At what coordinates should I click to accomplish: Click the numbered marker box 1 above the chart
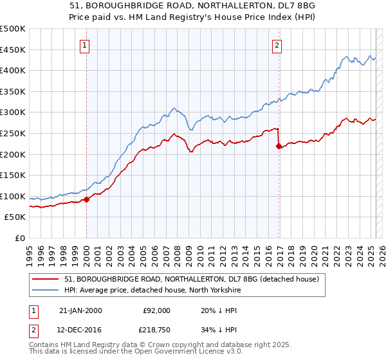click(86, 45)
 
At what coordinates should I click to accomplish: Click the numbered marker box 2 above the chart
click(277, 45)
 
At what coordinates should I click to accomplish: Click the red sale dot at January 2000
click(86, 199)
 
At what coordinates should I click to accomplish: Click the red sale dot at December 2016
click(279, 146)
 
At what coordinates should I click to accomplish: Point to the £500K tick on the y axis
click(13, 29)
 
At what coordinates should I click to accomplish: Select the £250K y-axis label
click(13, 133)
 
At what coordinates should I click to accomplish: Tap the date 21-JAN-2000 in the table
click(80, 310)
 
